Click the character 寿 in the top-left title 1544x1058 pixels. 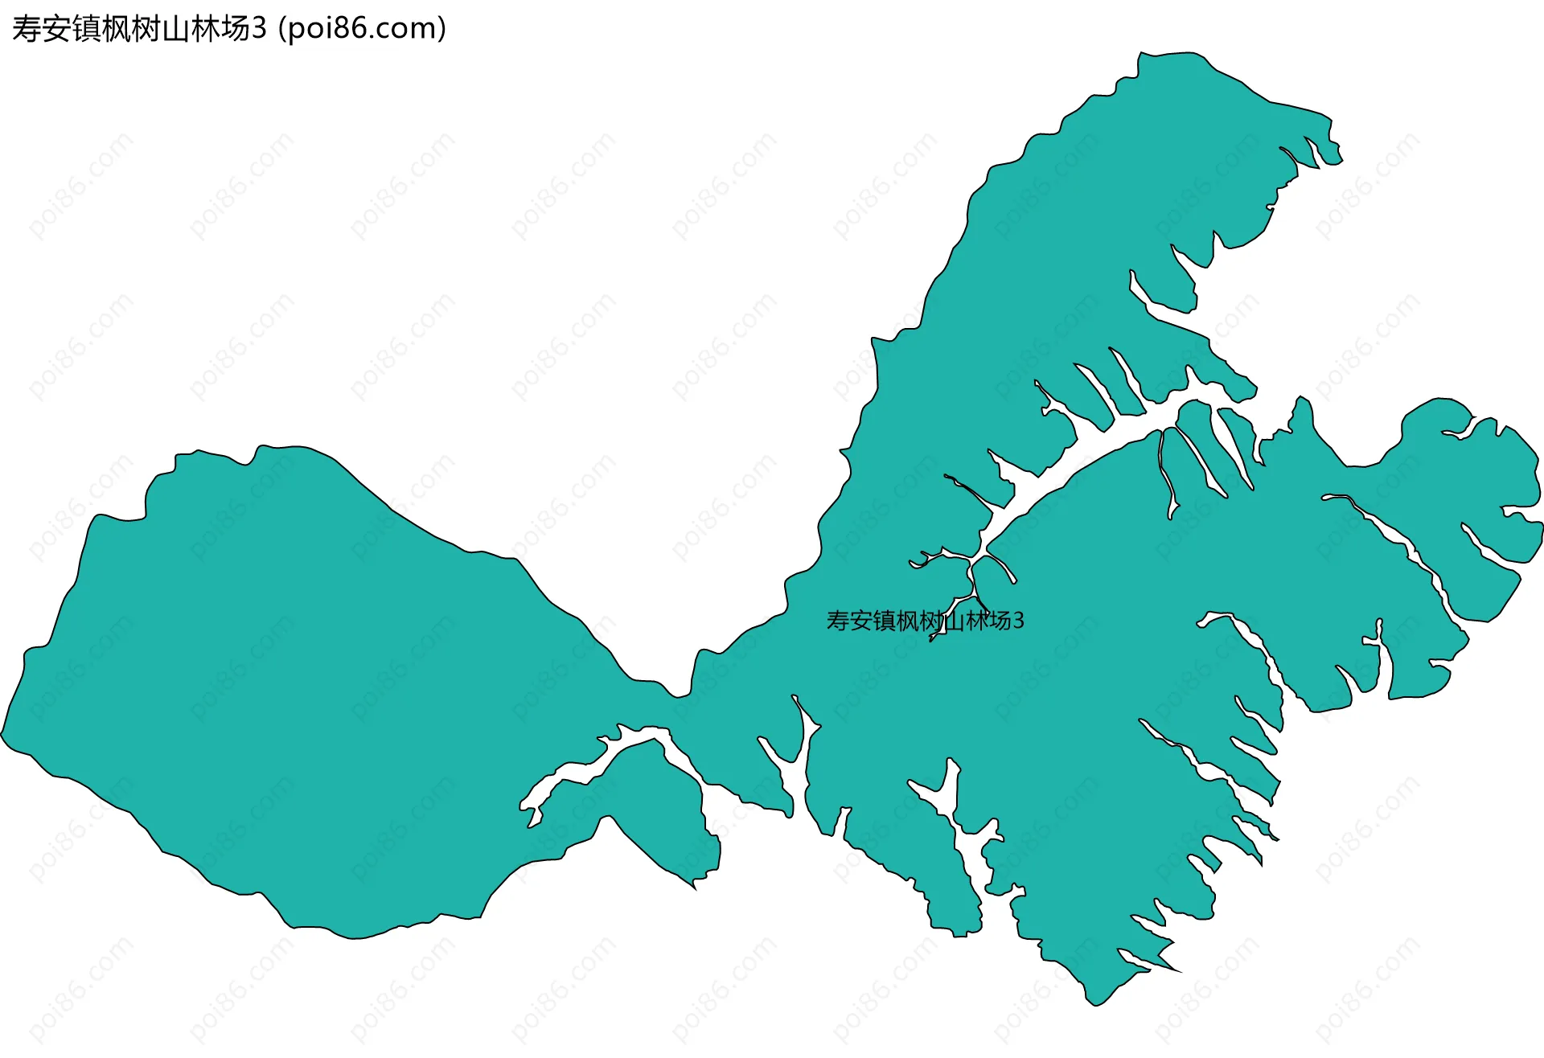click(x=27, y=29)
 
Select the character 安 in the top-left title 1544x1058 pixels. click(x=56, y=29)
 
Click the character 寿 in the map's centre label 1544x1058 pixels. click(x=838, y=621)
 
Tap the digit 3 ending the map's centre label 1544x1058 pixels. click(x=1019, y=621)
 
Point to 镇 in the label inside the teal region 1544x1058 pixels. click(x=884, y=621)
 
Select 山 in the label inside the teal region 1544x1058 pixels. click(x=954, y=621)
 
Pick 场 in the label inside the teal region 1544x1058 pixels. click(x=1000, y=621)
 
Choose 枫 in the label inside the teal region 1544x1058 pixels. click(x=907, y=621)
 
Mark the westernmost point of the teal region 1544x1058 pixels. click(x=2, y=733)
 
